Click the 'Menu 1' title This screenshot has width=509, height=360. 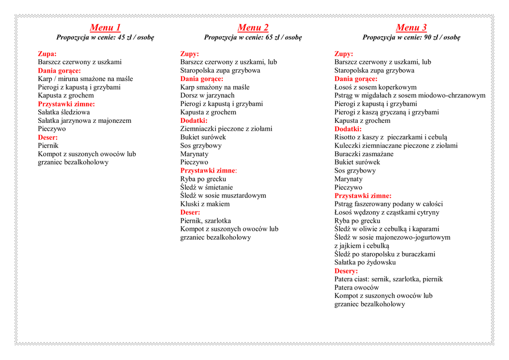tap(105, 27)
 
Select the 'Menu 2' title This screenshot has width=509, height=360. tap(253, 27)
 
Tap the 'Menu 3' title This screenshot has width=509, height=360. tap(411, 27)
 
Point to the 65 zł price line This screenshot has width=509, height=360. tap(253, 37)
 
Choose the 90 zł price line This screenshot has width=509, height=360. tap(411, 37)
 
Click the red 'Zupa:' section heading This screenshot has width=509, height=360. tap(47, 54)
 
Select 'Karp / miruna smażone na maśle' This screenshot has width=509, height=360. tap(85, 79)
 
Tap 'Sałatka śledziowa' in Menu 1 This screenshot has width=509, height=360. tap(64, 112)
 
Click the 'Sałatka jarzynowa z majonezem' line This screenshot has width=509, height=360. tap(85, 120)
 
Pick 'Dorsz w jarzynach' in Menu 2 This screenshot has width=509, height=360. tap(207, 95)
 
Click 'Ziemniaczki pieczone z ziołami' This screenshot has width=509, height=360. tap(226, 129)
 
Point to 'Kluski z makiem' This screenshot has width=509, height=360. tap(205, 204)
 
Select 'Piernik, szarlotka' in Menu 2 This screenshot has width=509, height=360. tap(205, 221)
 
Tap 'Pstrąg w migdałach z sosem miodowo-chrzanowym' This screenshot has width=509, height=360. tap(410, 95)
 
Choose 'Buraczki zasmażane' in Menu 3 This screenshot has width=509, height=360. tap(364, 154)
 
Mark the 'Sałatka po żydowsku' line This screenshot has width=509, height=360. tap(365, 263)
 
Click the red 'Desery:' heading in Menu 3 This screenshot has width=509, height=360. tap(346, 271)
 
